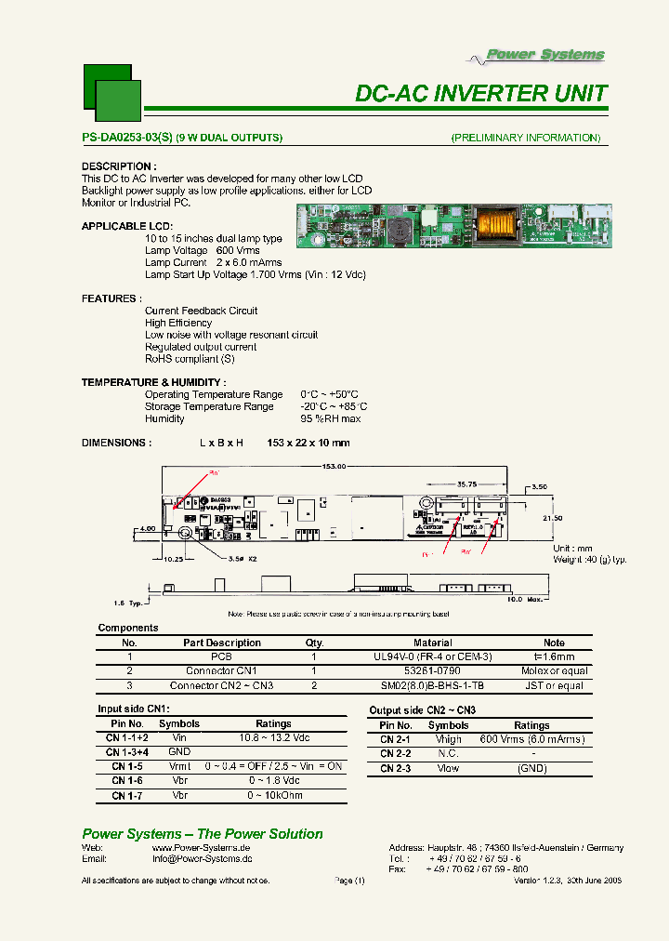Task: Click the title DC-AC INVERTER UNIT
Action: pyautogui.click(x=481, y=94)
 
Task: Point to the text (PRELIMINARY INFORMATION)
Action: pyautogui.click(x=526, y=138)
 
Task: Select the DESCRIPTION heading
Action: pyautogui.click(x=119, y=166)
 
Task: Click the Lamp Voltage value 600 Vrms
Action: pyautogui.click(x=238, y=251)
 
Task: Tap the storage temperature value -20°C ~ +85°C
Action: pyautogui.click(x=334, y=406)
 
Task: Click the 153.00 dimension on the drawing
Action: pyautogui.click(x=334, y=466)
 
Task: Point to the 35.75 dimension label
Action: pyautogui.click(x=466, y=484)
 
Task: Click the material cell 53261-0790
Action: pyautogui.click(x=432, y=670)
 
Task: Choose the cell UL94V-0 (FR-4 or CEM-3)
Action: pyautogui.click(x=432, y=656)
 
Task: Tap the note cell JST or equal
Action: pyautogui.click(x=554, y=685)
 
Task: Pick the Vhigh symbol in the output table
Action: pyautogui.click(x=448, y=739)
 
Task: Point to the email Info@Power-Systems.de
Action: pyautogui.click(x=202, y=859)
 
